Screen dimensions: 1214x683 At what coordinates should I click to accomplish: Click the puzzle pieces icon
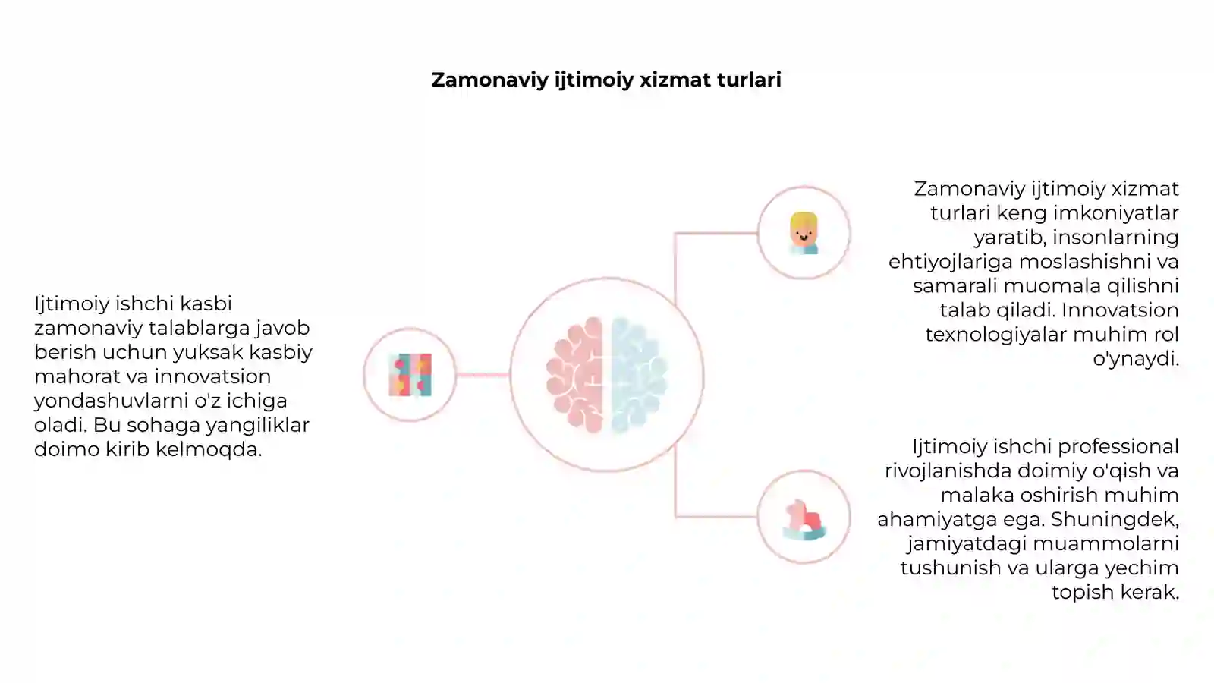tap(410, 375)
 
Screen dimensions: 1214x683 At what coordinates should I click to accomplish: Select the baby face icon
tap(804, 233)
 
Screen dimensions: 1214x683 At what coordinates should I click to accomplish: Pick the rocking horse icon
tap(804, 520)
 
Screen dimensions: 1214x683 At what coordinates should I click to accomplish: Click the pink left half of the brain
tap(575, 375)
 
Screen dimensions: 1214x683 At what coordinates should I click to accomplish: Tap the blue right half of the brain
tap(639, 375)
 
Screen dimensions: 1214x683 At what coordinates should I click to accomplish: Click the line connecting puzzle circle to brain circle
tap(483, 375)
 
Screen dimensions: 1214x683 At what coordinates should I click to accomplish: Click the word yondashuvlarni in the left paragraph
tap(111, 401)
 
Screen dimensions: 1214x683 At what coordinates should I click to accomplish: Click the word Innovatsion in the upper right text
tap(1120, 310)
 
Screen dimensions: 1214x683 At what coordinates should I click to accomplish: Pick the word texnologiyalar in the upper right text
tap(996, 335)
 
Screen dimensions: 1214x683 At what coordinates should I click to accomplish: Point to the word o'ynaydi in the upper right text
tap(1136, 359)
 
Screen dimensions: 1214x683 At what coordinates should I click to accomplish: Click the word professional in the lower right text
tap(1118, 447)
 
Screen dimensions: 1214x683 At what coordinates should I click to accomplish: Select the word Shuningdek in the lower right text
tap(1115, 520)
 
